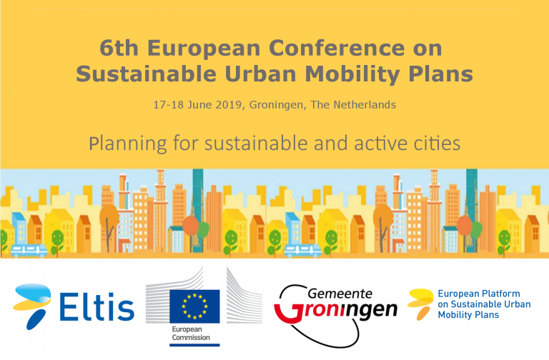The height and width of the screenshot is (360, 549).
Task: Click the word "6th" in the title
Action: coord(119,48)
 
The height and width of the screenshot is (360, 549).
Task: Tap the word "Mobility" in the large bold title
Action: coord(352,74)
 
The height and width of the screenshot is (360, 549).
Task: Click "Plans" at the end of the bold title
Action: coord(441,74)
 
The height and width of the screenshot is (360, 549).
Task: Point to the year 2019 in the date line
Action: coord(228,104)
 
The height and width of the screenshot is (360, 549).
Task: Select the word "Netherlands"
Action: coord(365,104)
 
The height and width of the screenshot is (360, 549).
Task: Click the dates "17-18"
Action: coord(169,104)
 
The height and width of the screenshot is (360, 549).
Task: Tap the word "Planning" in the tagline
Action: coord(128,144)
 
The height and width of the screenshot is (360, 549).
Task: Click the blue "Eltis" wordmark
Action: coord(97,307)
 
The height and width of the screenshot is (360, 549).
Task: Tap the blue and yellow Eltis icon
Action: coord(32,306)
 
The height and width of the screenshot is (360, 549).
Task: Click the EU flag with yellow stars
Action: coord(194,306)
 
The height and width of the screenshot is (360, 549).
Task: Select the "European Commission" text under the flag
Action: coord(191,334)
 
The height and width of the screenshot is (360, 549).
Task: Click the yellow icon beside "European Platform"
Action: coord(420,304)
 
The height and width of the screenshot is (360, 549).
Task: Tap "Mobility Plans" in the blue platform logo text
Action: coord(468,314)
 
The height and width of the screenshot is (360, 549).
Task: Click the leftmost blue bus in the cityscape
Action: coord(29,251)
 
